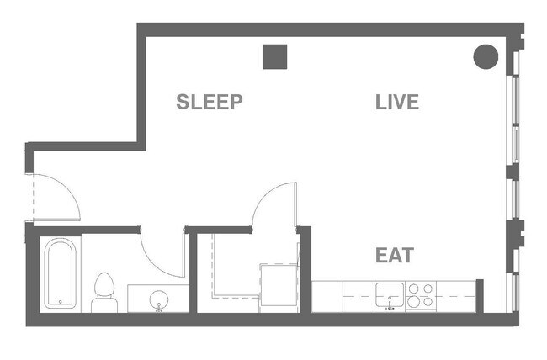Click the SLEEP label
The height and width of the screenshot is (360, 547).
(209, 103)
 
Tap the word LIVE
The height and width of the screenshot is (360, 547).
(396, 103)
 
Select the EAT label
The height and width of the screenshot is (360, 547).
(395, 255)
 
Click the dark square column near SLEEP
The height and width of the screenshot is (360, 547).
(275, 56)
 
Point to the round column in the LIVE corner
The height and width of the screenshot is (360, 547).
(486, 56)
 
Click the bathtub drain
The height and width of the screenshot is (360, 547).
(61, 299)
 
